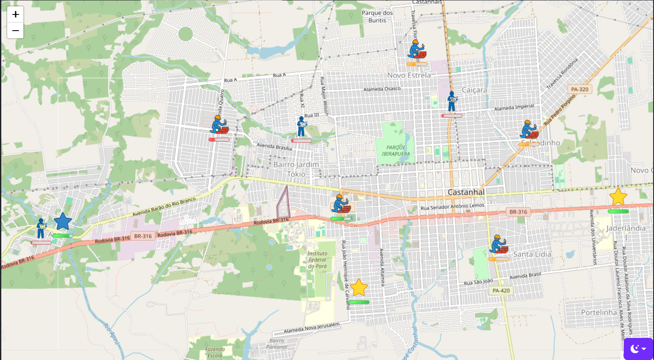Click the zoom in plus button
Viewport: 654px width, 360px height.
click(x=15, y=14)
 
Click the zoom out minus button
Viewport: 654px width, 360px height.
click(x=15, y=31)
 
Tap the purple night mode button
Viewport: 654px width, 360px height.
click(x=638, y=349)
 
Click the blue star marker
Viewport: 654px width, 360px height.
click(x=63, y=222)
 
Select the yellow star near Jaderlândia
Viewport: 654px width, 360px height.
click(x=618, y=197)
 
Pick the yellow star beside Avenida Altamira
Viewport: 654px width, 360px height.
click(x=358, y=288)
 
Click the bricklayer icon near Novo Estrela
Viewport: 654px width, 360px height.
click(x=417, y=50)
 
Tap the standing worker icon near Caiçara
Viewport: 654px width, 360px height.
click(x=452, y=102)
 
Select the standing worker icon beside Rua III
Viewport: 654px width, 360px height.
click(x=301, y=127)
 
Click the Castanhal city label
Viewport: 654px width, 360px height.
click(x=466, y=192)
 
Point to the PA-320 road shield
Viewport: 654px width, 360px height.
click(x=580, y=89)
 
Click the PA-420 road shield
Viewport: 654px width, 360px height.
click(x=501, y=291)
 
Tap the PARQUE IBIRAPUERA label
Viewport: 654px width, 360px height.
click(x=396, y=151)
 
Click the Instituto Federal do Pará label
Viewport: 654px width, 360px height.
click(x=317, y=260)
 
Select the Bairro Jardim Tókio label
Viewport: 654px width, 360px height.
click(x=296, y=169)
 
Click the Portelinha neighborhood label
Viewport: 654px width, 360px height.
click(x=599, y=312)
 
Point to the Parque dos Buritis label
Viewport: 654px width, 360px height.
click(x=377, y=17)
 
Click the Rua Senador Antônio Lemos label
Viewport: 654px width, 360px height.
click(x=452, y=207)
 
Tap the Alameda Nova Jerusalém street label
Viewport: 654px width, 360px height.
click(x=312, y=328)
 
